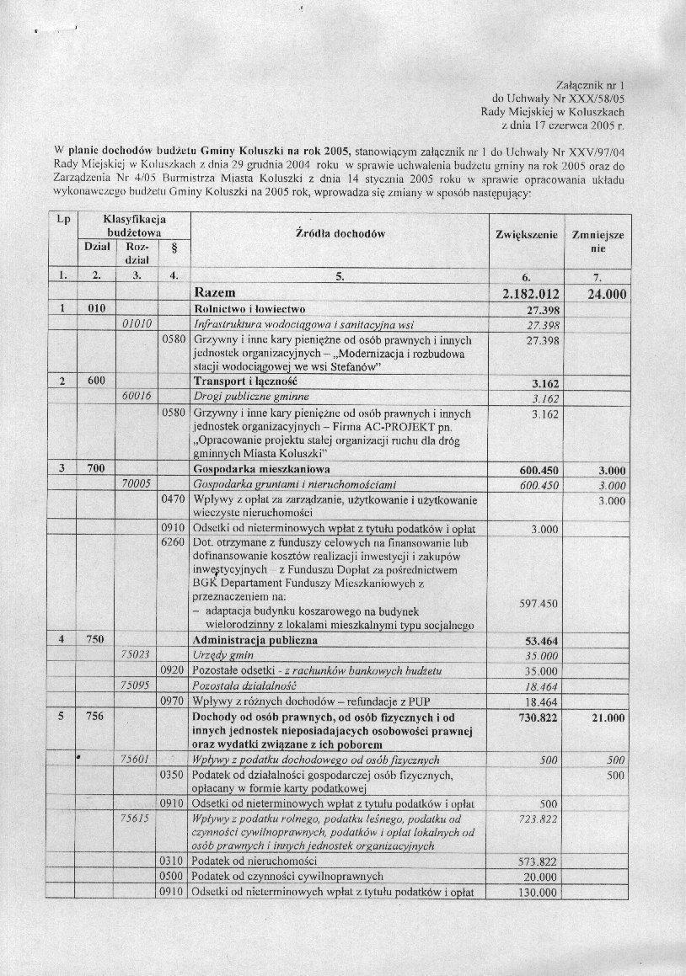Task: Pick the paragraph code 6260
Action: coord(172,544)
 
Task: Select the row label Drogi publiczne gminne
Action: coord(251,397)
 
